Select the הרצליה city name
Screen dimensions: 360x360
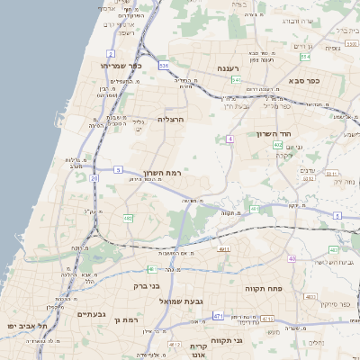pos(171,119)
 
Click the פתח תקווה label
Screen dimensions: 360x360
pos(264,288)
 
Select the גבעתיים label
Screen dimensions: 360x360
pos(91,313)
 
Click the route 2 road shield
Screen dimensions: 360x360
pos(110,53)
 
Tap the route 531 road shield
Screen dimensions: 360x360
pos(163,66)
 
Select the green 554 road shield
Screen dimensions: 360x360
pos(305,57)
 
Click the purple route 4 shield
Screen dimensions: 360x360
pos(229,139)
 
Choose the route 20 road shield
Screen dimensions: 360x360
pos(94,178)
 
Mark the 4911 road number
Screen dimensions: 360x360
pos(224,249)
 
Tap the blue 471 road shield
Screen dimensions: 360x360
pos(218,316)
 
